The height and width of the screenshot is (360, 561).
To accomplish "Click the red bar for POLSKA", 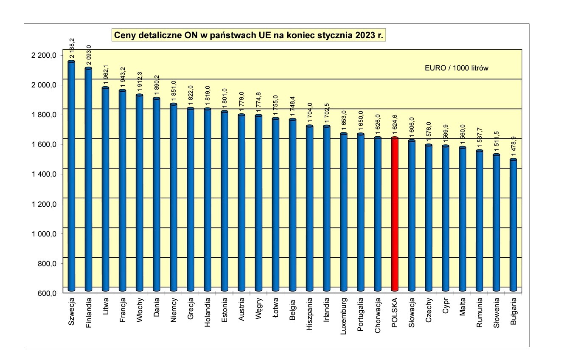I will tap(395, 214).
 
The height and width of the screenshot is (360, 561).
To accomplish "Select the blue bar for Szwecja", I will tap(71, 176).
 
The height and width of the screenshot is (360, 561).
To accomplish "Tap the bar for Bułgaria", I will tap(513, 225).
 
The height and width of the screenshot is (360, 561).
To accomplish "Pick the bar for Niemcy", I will tap(173, 197).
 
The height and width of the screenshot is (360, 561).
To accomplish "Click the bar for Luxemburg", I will tap(344, 212).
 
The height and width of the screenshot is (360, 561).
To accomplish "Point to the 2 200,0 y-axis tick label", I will tap(44, 55).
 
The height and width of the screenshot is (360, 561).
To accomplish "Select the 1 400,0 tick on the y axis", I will tap(44, 174).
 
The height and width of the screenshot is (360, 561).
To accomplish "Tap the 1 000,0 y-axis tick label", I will tap(44, 234).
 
